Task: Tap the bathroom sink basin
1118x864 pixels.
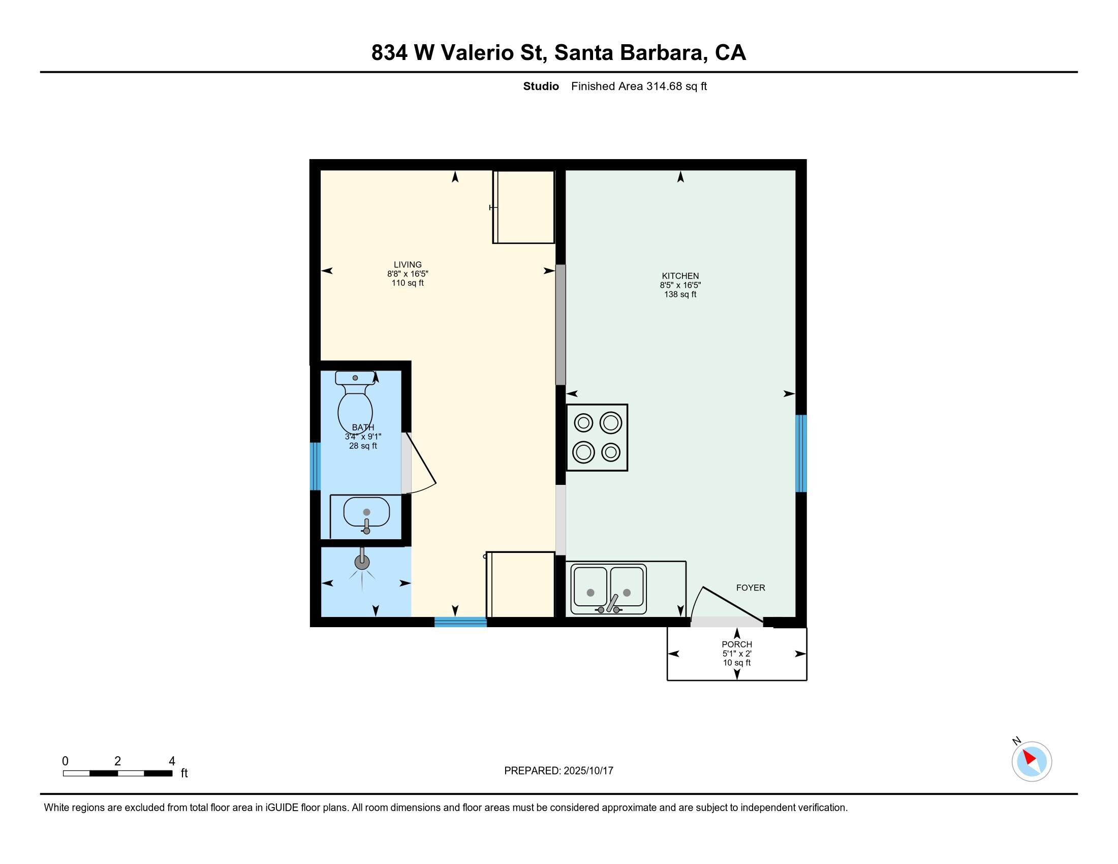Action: coord(366,512)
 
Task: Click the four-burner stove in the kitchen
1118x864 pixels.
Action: coord(597,438)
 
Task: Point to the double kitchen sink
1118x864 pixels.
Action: coord(609,590)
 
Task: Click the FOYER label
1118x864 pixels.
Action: coord(751,588)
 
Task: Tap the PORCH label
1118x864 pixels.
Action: coord(737,644)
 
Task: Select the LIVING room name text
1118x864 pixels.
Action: coord(408,265)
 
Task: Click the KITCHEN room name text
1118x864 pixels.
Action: coord(680,276)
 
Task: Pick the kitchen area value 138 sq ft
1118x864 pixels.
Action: coord(680,294)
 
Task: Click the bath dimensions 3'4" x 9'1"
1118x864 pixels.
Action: coord(363,437)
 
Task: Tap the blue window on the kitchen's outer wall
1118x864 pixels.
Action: coord(801,453)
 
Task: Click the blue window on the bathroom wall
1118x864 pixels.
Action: coord(316,466)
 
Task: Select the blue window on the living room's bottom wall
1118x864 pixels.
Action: coord(460,622)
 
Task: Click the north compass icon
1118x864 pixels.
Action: coord(1031,761)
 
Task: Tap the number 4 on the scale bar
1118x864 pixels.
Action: coord(172,761)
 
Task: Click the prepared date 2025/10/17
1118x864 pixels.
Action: coord(587,770)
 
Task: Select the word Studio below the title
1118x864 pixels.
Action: coord(541,86)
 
